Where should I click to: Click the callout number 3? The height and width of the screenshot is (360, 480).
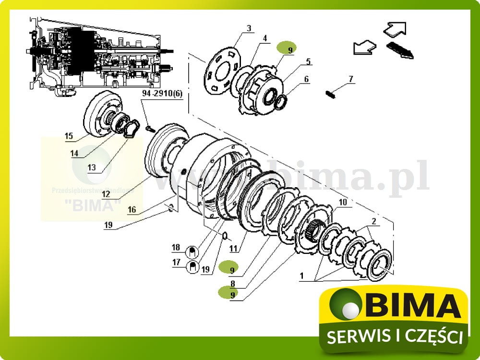tap(249, 28)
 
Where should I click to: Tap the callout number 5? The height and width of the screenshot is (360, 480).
tap(308, 61)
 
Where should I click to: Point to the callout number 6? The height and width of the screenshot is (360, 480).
tap(306, 79)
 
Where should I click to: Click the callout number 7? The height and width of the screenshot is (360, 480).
tap(351, 78)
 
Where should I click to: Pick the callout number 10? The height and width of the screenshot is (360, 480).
tap(342, 203)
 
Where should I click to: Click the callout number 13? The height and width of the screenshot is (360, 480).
tap(92, 168)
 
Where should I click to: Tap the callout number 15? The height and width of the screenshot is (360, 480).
tap(70, 136)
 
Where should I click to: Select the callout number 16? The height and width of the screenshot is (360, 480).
tap(132, 209)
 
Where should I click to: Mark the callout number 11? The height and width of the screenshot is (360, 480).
tap(233, 249)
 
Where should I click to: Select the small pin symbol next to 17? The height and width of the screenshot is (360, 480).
tap(192, 266)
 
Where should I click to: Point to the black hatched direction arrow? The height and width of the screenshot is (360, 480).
tap(399, 51)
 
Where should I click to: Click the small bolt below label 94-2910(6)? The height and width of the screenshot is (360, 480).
tap(149, 128)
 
